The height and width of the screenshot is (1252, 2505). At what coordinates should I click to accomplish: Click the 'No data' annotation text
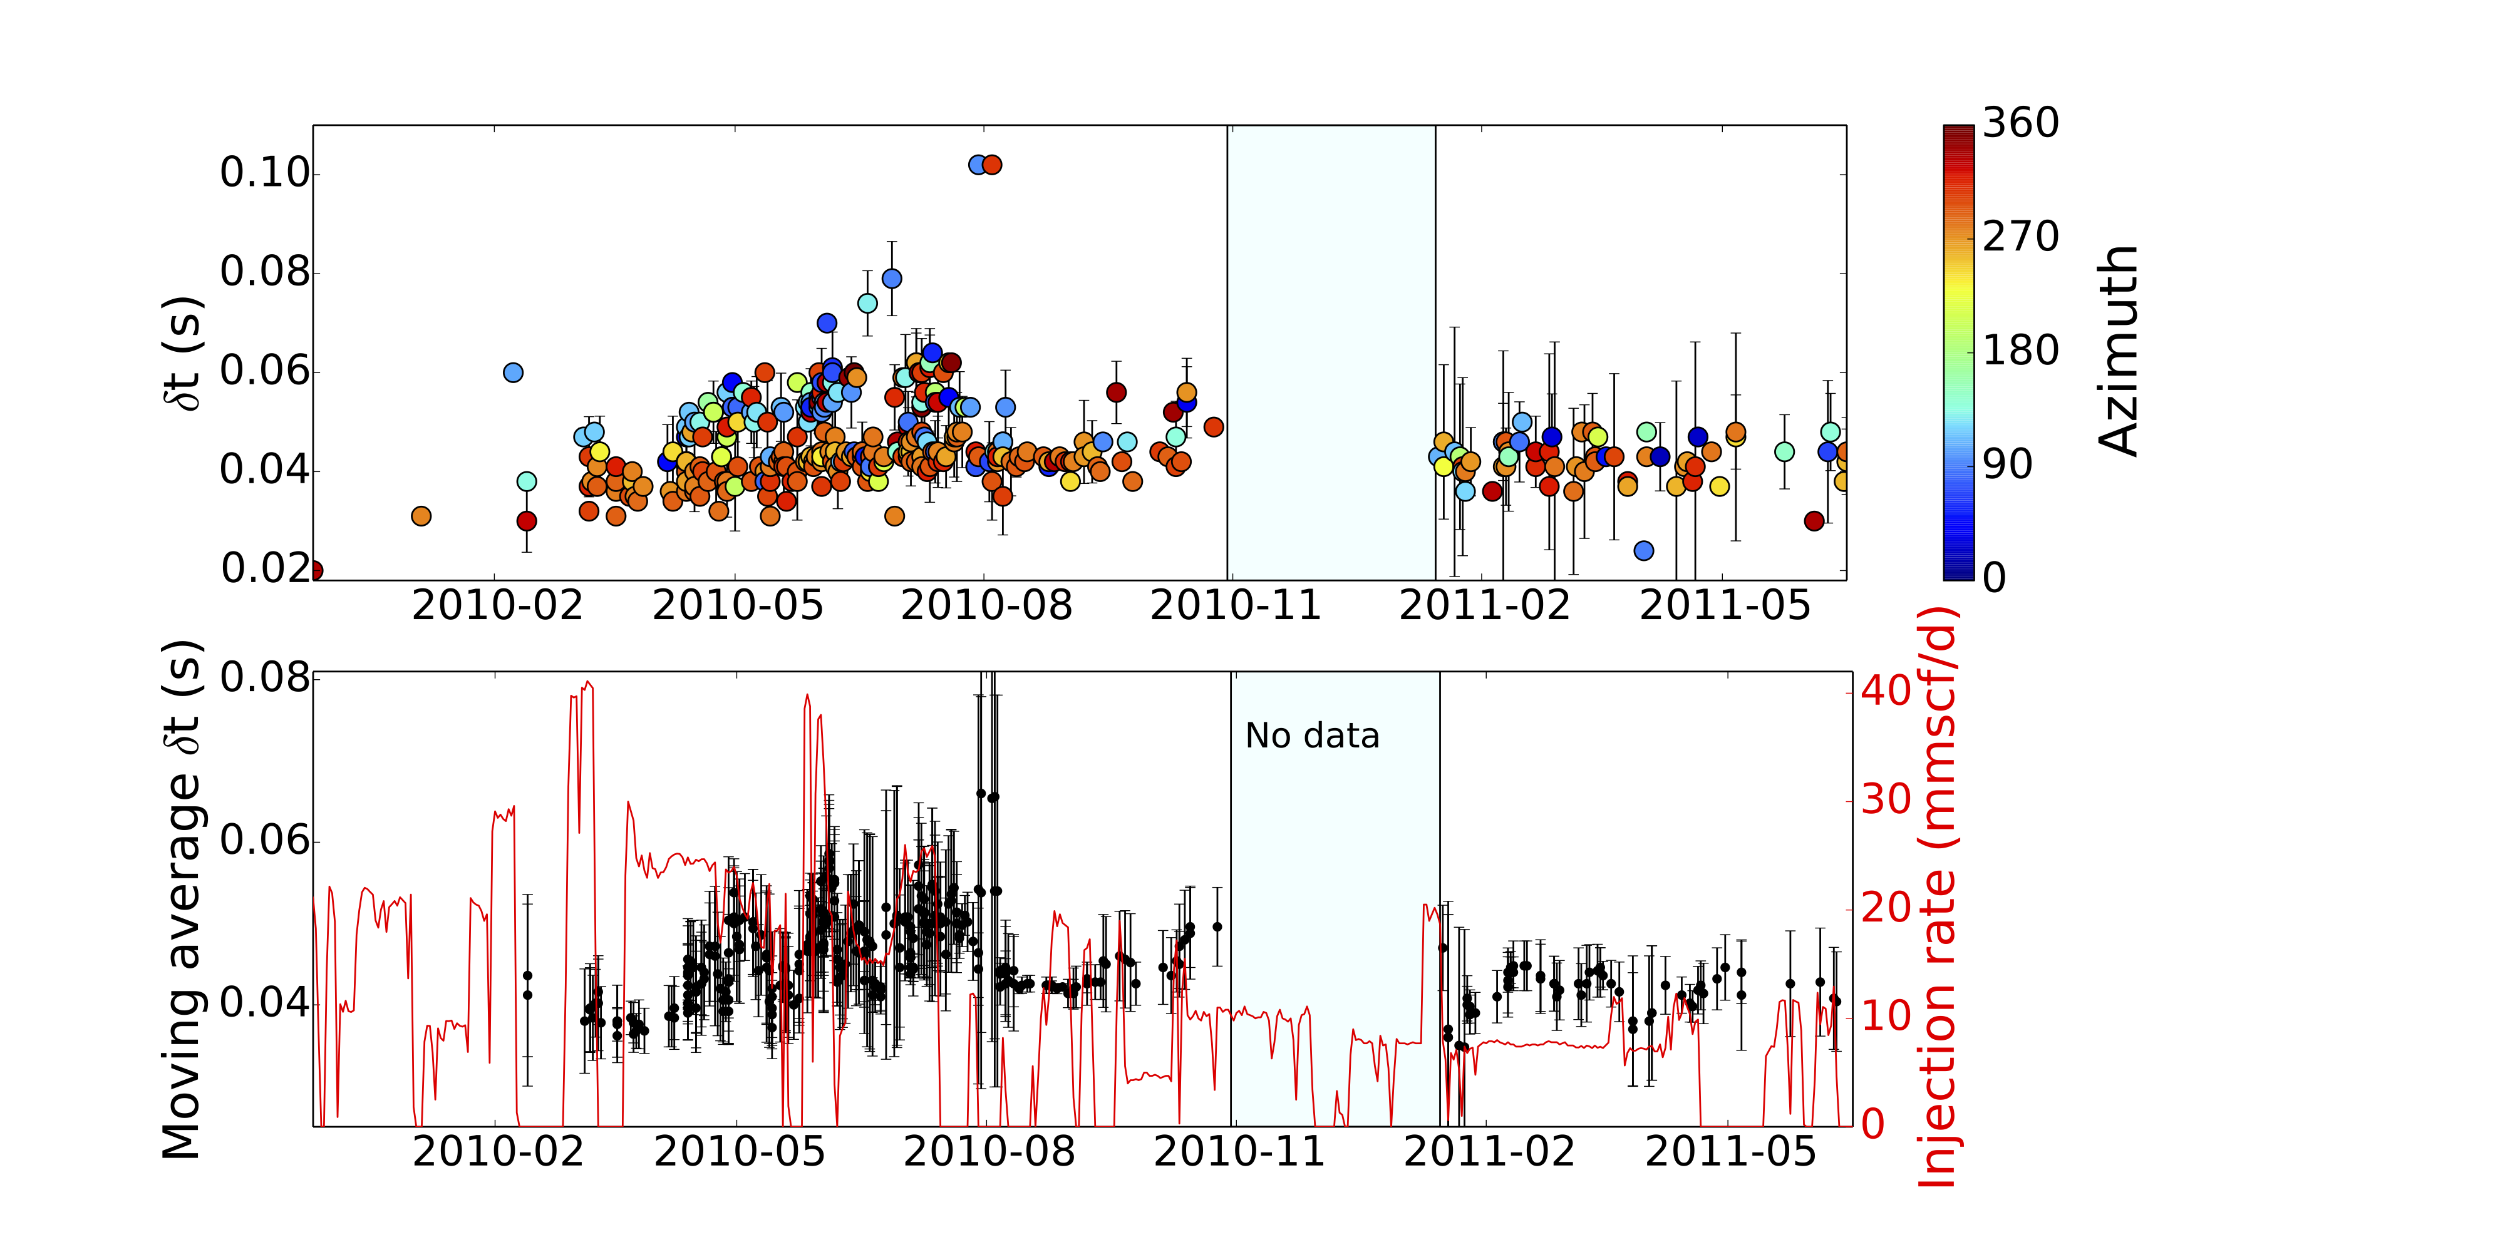(1312, 736)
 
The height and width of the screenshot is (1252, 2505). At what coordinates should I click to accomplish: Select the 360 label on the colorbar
(2020, 123)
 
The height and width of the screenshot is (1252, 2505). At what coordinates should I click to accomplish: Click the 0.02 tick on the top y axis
(264, 568)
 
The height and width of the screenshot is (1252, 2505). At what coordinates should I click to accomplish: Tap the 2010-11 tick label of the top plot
(1235, 605)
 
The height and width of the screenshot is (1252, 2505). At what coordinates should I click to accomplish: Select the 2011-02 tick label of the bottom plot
(1489, 1152)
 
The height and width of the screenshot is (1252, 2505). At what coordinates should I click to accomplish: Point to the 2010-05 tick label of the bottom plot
(739, 1152)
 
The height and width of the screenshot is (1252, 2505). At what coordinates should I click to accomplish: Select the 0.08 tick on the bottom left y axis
(264, 677)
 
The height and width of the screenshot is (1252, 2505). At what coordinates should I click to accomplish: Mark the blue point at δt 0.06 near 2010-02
(514, 372)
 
